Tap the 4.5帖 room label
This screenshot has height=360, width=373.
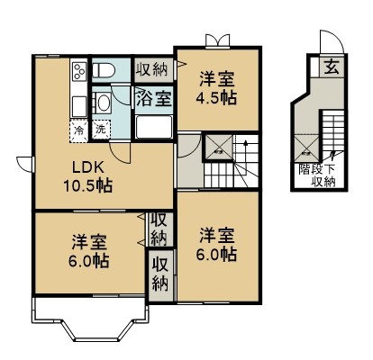click(217, 88)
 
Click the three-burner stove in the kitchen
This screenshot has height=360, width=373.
click(78, 70)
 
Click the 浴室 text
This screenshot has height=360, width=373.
click(154, 98)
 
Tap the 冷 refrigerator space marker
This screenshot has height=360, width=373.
click(79, 129)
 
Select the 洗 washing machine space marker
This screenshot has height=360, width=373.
click(100, 129)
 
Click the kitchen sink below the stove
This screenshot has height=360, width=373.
click(78, 101)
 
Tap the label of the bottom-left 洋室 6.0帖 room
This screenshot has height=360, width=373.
click(90, 252)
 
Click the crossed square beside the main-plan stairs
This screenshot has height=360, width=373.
click(219, 147)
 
